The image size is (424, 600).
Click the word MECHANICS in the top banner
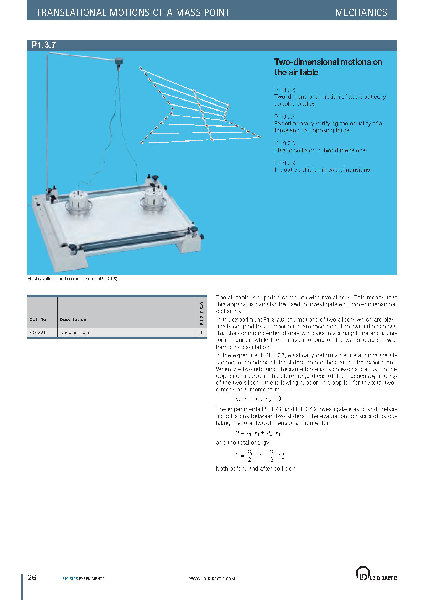(361, 12)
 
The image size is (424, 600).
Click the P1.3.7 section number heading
(43, 45)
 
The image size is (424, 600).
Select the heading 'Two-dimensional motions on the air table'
(328, 67)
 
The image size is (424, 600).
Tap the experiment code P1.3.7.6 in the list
(285, 90)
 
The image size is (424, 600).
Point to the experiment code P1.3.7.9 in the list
(285, 163)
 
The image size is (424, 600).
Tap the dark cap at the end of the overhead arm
(119, 61)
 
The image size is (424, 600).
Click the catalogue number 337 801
(37, 332)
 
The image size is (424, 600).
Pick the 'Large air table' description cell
(74, 332)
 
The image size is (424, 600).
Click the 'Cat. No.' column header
(38, 320)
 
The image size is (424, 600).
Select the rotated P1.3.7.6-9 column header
(201, 314)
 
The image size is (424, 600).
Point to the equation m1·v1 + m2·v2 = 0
(258, 399)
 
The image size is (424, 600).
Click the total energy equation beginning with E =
(260, 456)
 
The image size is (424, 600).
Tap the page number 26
(32, 578)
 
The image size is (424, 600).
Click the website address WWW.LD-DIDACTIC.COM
(212, 579)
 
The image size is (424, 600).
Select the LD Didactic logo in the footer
(376, 574)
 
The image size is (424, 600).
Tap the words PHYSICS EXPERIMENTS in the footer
(83, 579)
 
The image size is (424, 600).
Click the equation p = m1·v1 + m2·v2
(258, 433)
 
